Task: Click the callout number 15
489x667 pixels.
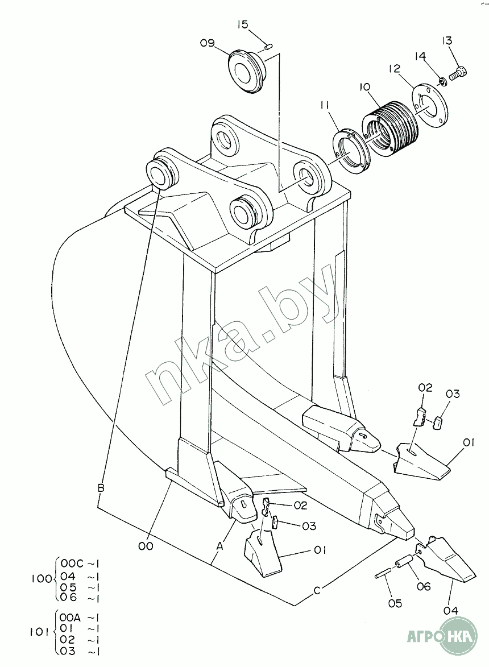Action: point(242,24)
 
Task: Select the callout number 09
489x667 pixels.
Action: point(207,43)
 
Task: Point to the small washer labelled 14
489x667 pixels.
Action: point(442,80)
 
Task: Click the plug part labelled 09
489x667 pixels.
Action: point(246,71)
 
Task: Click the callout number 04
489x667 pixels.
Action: point(451,611)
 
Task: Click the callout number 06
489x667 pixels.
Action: point(424,587)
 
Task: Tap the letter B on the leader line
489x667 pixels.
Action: point(101,487)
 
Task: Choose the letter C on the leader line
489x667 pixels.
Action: point(317,590)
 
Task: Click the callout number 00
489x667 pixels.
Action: point(146,545)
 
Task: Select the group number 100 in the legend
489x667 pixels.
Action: point(41,579)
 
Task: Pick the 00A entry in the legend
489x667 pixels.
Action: point(70,616)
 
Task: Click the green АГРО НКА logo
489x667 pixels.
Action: point(442,637)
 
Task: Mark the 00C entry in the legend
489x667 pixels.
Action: point(71,564)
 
